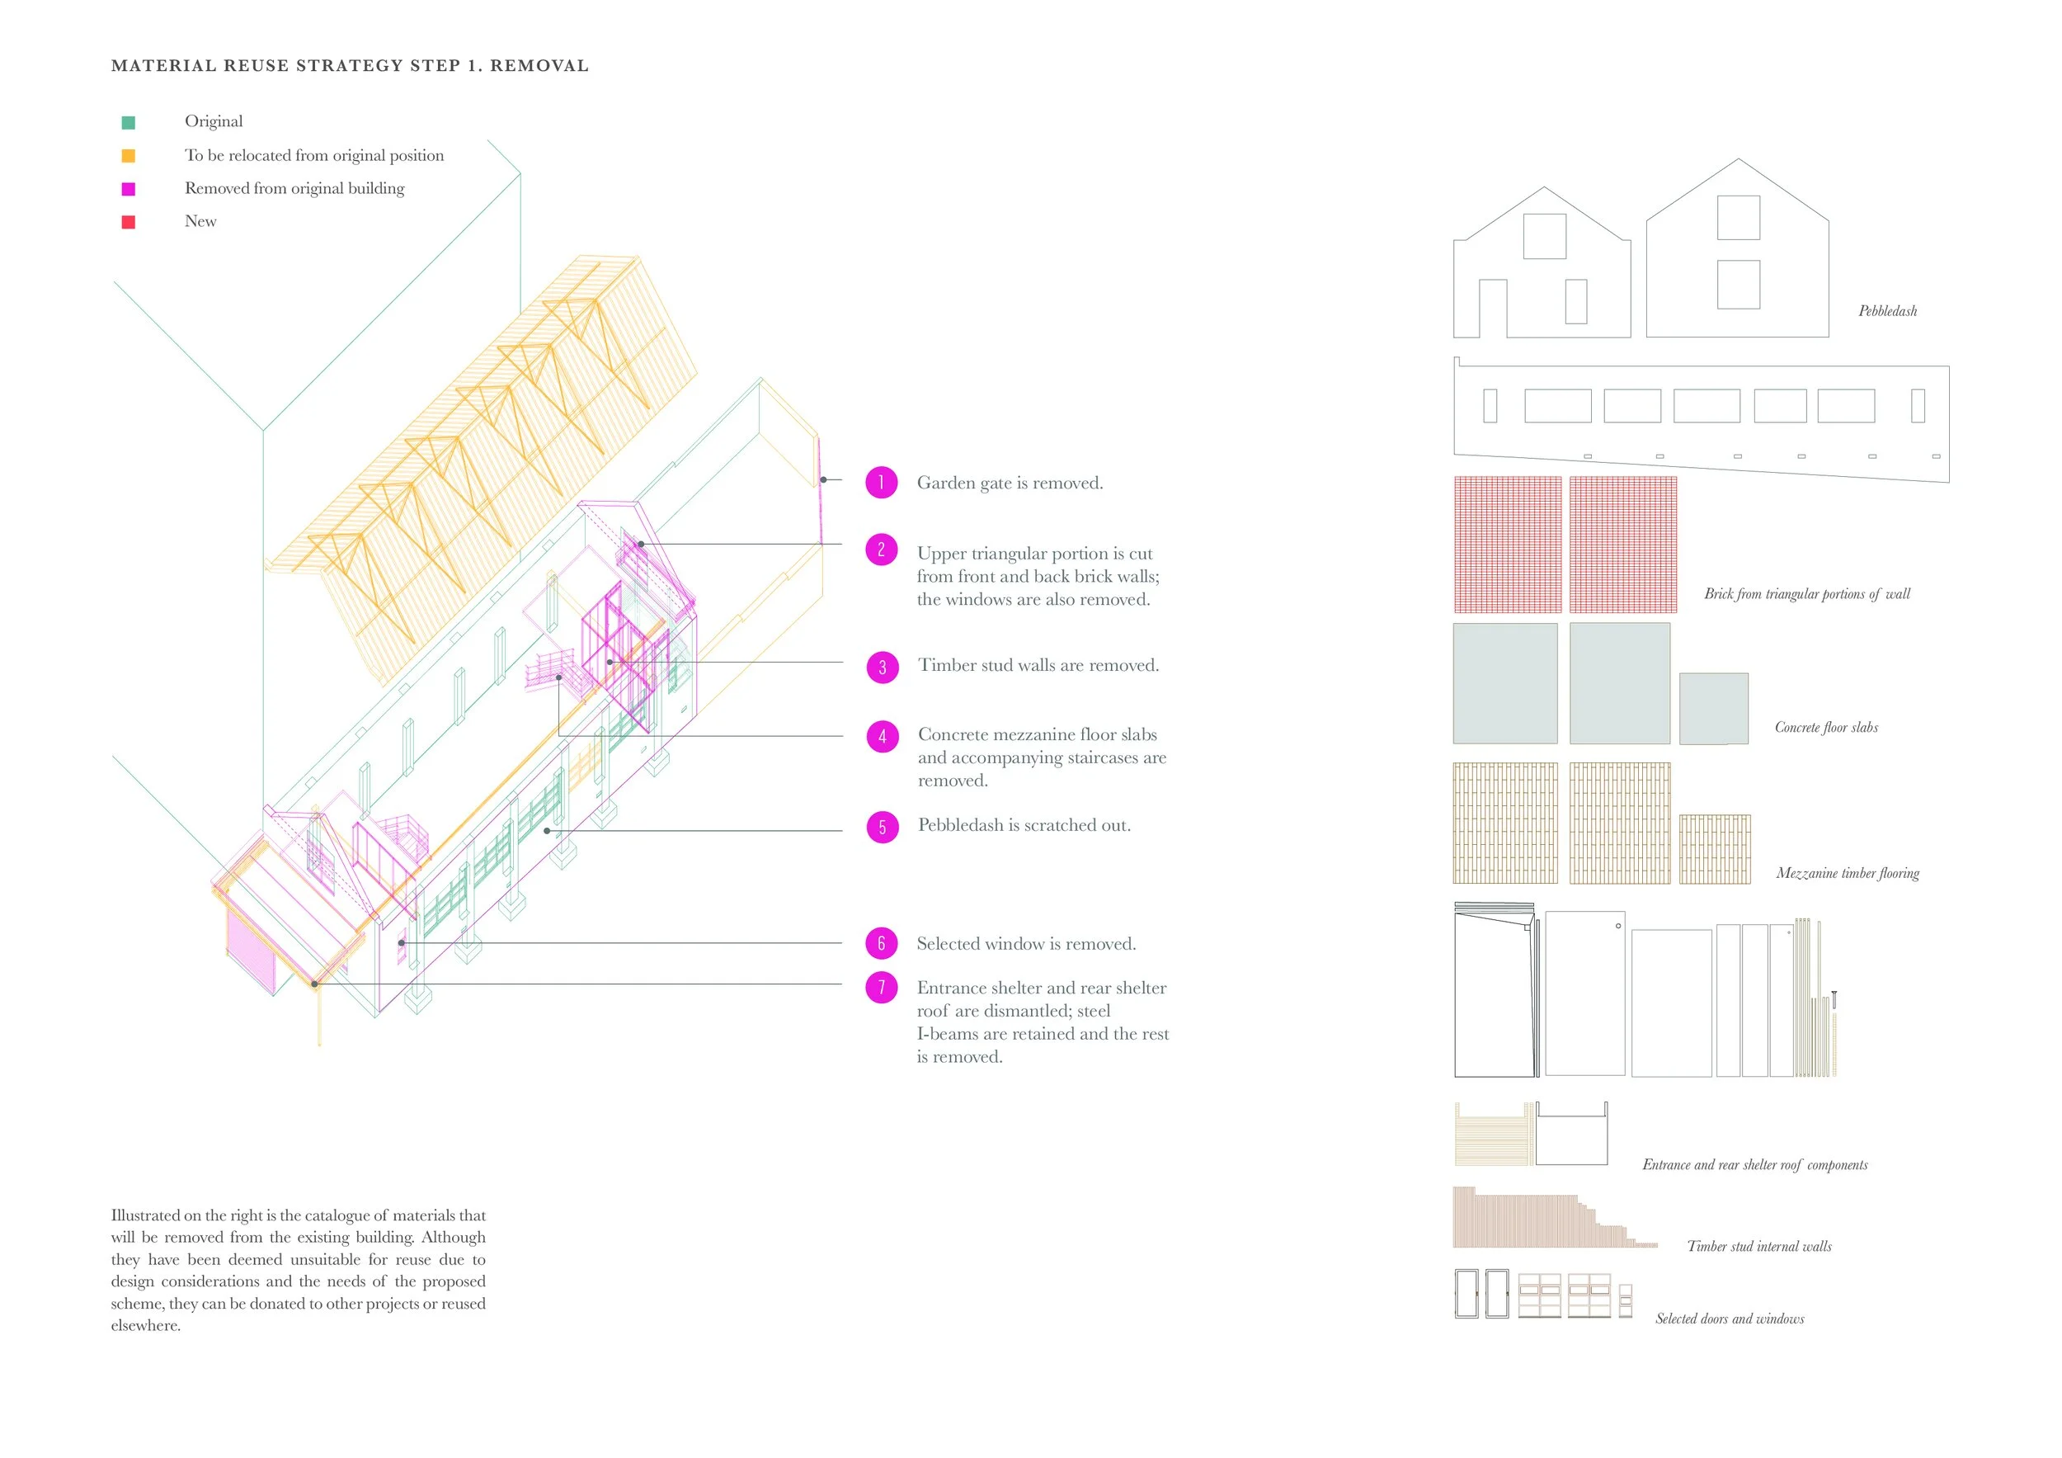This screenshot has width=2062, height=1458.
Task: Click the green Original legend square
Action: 129,122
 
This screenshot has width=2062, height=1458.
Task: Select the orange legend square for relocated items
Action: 129,155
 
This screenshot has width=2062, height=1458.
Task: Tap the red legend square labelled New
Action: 129,222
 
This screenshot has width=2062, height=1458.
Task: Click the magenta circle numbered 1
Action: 881,483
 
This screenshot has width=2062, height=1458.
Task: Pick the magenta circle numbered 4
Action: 882,737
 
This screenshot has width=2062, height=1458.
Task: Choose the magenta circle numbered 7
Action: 881,988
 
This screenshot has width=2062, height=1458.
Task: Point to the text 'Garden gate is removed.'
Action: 1010,484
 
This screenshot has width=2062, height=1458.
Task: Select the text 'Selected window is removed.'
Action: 1025,944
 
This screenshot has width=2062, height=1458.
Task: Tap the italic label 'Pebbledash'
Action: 1887,311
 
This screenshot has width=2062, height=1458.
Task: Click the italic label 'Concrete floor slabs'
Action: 1826,728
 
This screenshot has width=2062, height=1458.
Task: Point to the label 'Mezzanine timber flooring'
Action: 1848,873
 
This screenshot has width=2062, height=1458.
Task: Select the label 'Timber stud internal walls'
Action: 1758,1246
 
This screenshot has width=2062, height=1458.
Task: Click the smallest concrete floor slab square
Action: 1714,708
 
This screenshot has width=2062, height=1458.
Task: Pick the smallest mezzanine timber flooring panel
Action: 1715,849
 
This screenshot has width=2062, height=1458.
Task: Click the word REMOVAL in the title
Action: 539,65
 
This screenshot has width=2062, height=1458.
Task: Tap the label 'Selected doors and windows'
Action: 1730,1319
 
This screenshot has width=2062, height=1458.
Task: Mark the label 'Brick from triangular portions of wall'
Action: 1807,594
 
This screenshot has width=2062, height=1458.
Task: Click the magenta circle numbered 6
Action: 881,943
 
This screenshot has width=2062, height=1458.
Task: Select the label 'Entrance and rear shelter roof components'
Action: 1755,1165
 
